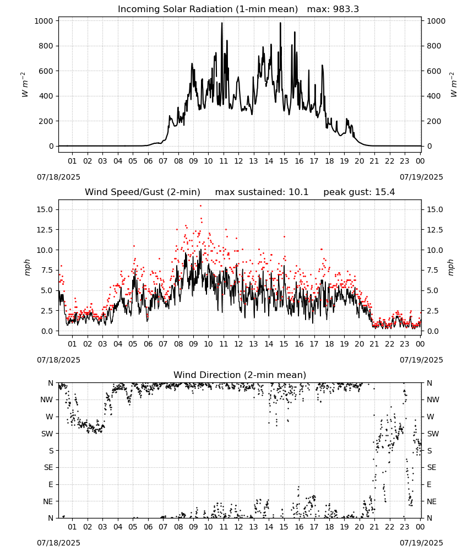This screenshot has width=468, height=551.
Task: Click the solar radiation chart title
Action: (238, 9)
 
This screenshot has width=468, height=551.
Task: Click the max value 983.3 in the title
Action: (346, 9)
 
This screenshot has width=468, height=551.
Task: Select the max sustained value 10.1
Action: (298, 192)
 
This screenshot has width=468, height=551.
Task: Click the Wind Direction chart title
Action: (240, 375)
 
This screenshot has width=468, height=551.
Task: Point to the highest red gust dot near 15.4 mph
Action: (201, 206)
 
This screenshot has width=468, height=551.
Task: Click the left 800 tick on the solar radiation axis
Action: (44, 46)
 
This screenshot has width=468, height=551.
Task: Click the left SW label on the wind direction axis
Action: (47, 434)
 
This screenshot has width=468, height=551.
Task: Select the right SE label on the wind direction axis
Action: (432, 467)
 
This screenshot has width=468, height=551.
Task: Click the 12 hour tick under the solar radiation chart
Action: (238, 161)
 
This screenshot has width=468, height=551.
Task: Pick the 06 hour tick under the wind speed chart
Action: (148, 344)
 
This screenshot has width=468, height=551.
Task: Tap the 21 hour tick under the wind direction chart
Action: (374, 527)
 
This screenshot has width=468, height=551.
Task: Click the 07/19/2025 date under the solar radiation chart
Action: (421, 177)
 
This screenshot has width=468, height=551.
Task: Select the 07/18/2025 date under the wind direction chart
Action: (58, 543)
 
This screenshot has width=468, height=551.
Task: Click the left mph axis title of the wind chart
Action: (28, 267)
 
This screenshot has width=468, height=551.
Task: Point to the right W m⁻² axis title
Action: (453, 84)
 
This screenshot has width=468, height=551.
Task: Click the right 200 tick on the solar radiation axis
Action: (434, 121)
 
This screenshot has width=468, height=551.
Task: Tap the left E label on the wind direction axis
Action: (51, 484)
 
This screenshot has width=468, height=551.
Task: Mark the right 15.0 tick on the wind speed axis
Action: (434, 209)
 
